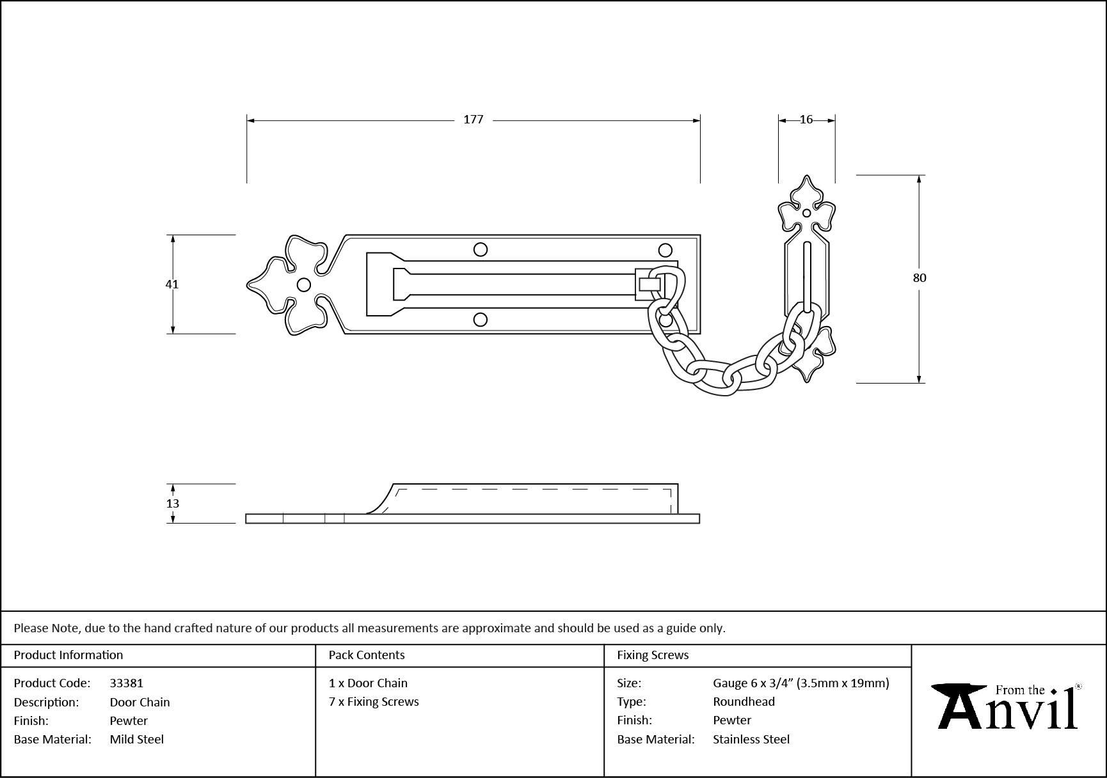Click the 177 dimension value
pos(473,120)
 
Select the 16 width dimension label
pos(806,120)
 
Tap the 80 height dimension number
pos(919,278)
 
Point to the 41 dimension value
pos(172,284)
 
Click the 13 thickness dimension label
pos(173,504)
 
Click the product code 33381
pos(126,683)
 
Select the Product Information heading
pos(68,655)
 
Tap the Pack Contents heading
pos(366,655)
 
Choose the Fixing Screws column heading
pos(652,655)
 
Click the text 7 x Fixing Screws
pos(374,702)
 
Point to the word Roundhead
pos(744,702)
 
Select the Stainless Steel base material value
pos(751,740)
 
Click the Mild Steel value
pos(136,740)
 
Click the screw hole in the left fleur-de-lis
pos(304,284)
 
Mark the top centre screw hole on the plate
pos(480,249)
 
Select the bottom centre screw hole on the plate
pos(480,320)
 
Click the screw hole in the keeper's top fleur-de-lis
pos(806,213)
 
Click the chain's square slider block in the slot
pos(649,284)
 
